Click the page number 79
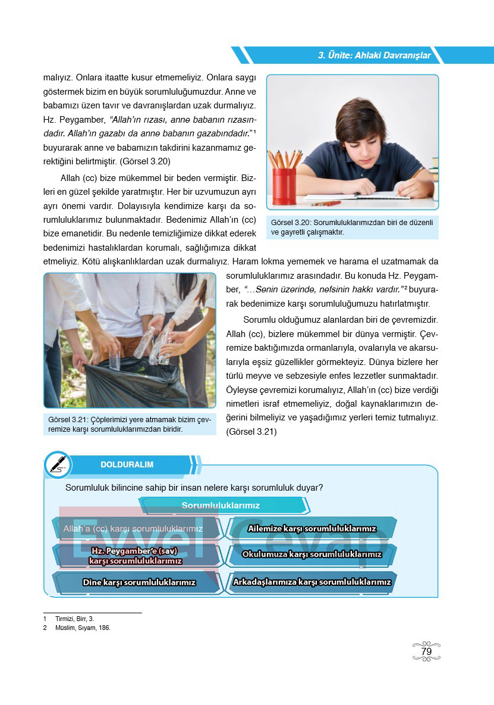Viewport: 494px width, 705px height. (x=426, y=651)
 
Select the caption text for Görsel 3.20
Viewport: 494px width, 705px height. (x=352, y=227)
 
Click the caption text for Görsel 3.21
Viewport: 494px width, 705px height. (x=129, y=425)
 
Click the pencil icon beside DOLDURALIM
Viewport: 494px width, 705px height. (x=58, y=464)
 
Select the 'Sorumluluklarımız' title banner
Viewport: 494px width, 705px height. (x=221, y=506)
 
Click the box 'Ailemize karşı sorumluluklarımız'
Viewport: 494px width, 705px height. (x=312, y=528)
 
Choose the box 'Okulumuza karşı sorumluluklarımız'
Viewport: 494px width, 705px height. (x=312, y=554)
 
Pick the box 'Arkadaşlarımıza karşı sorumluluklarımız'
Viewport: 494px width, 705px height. (x=312, y=582)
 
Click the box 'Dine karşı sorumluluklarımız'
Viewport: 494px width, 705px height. (x=139, y=582)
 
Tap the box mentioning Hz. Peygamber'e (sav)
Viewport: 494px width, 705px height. (x=136, y=555)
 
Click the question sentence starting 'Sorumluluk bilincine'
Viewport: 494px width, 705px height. (x=194, y=487)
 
